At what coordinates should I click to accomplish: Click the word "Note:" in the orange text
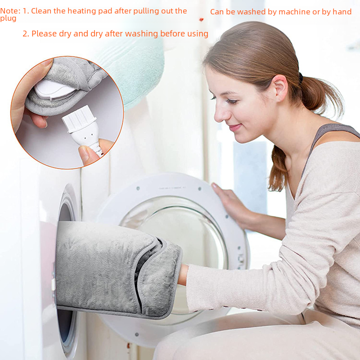(x=10, y=11)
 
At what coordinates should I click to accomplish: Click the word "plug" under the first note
(x=8, y=18)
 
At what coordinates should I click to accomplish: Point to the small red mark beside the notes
(x=201, y=19)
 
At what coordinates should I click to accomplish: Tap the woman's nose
(x=219, y=112)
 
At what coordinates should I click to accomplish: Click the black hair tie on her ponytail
(x=300, y=77)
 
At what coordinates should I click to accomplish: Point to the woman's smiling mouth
(x=235, y=127)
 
